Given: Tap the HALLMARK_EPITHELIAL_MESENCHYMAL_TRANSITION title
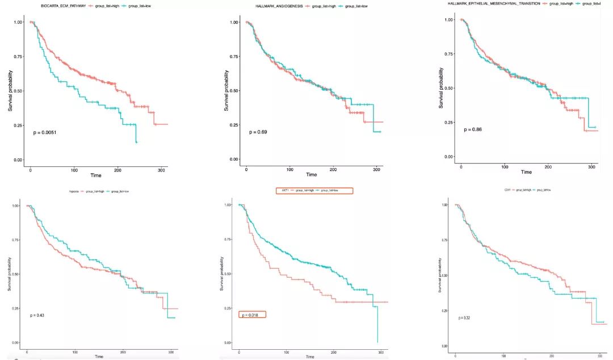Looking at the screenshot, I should pyautogui.click(x=494, y=3).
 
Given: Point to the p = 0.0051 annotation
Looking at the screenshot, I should pyautogui.click(x=44, y=132).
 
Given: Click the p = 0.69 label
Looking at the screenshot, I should pyautogui.click(x=258, y=132).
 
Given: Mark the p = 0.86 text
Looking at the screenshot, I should pyautogui.click(x=472, y=129).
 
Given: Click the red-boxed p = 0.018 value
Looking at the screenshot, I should pyautogui.click(x=252, y=315).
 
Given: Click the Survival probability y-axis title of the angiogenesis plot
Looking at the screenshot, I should pyautogui.click(x=227, y=90).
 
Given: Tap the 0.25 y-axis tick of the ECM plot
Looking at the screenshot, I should pyautogui.click(x=18, y=125).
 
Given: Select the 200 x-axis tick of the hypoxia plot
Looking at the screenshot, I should pyautogui.click(x=123, y=352).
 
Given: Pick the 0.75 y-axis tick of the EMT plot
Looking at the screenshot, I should pyautogui.click(x=448, y=54).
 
